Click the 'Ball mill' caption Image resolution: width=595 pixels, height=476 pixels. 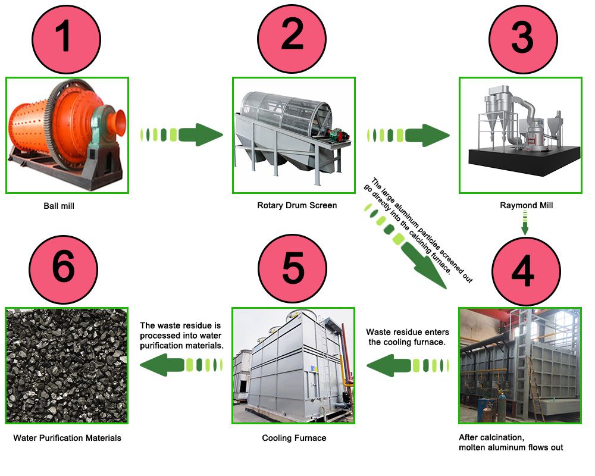[x=59, y=206]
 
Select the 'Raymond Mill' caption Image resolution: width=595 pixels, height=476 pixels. [x=526, y=205]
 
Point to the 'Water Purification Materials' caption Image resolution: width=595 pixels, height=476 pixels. [x=67, y=438]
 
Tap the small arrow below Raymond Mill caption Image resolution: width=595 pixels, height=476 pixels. [x=525, y=227]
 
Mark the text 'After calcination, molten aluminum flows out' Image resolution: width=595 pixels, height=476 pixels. [x=511, y=442]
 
